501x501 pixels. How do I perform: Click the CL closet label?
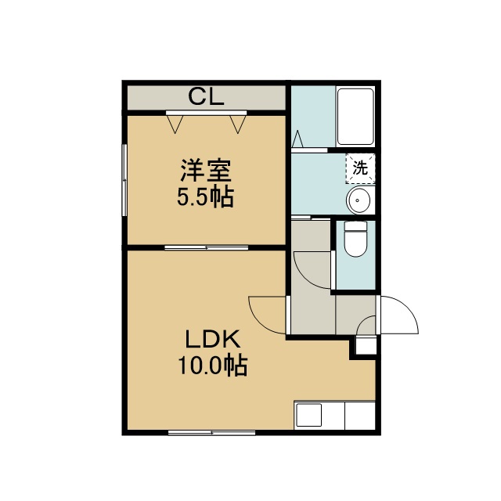(x=206, y=96)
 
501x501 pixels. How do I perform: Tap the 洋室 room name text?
(x=206, y=171)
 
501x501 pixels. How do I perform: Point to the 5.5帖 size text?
(x=205, y=196)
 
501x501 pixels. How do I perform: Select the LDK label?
(x=213, y=339)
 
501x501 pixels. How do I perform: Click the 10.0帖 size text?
(x=213, y=365)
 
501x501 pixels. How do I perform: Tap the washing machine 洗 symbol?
(x=360, y=168)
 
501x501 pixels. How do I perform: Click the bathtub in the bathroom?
(x=355, y=117)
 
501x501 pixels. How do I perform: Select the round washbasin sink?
(x=358, y=200)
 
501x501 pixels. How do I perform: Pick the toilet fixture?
(x=355, y=239)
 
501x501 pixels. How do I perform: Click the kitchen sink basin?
(x=309, y=415)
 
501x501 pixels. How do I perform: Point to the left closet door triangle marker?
(x=175, y=124)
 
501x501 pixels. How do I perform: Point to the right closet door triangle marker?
(x=238, y=124)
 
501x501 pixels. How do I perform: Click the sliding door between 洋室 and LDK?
(x=207, y=247)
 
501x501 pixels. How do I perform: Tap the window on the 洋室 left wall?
(x=124, y=180)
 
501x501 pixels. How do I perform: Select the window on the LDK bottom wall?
(x=211, y=433)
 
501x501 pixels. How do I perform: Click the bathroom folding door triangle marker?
(x=297, y=139)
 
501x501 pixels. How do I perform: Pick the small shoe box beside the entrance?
(x=366, y=345)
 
